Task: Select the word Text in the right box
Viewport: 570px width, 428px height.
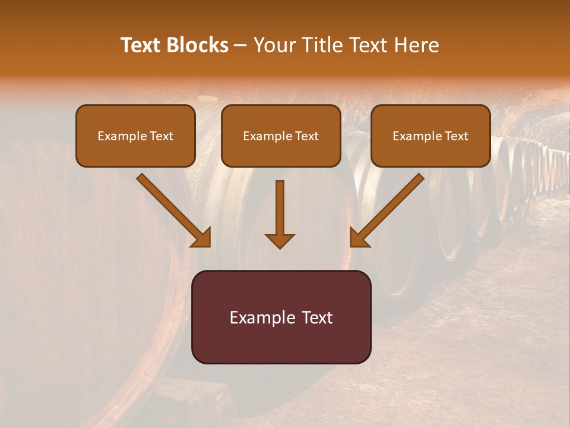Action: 457,136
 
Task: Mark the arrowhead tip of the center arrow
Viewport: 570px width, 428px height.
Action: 280,247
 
